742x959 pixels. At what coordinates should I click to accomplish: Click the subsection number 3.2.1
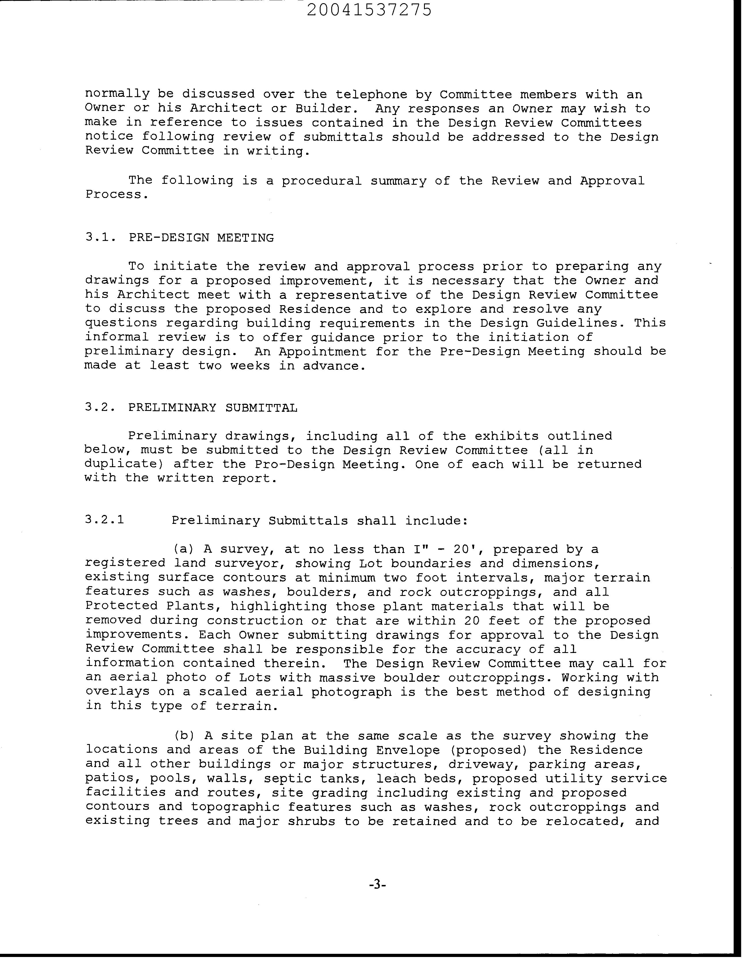click(x=105, y=520)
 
